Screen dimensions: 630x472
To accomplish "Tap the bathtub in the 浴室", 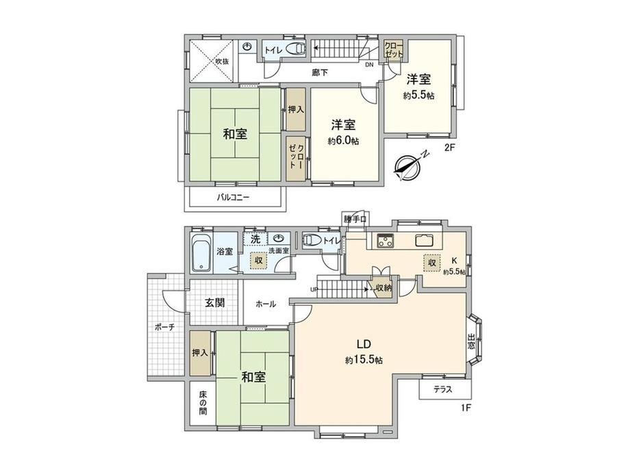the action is point(201,254).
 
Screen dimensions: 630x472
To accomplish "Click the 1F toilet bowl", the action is point(312,240).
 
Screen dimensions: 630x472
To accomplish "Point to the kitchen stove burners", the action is point(386,241).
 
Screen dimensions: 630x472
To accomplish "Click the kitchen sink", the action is point(424,241).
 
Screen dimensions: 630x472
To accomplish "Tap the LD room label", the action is point(364,344).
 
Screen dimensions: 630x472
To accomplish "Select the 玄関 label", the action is point(215,303).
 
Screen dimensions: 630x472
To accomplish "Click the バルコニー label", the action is point(234,198).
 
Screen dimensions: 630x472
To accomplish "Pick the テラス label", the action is point(443,389).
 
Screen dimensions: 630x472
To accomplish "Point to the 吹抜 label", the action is point(222,62).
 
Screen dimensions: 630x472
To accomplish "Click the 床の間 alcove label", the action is point(203,402).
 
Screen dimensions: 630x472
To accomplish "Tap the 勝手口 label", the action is point(355,219).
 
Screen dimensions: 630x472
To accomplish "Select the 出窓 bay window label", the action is point(471,341).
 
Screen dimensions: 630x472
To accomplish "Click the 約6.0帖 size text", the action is point(344,141).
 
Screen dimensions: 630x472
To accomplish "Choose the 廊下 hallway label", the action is point(320,73).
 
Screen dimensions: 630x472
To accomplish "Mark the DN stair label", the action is point(369,65).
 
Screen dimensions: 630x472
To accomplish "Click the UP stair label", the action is point(314,289).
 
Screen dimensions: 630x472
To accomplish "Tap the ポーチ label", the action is point(165,327).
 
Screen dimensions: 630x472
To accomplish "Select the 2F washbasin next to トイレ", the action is point(248,47).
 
